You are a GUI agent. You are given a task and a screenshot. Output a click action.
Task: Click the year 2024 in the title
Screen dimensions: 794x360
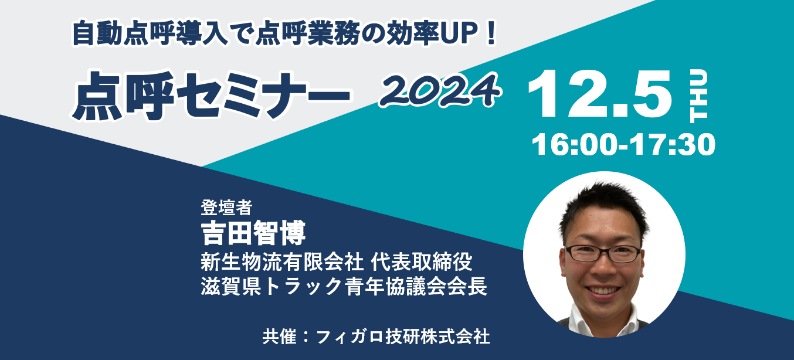pos(440,90)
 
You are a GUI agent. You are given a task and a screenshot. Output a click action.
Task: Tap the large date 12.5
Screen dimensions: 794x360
pos(599,94)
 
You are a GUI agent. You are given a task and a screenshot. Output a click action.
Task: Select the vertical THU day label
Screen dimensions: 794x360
pos(698,96)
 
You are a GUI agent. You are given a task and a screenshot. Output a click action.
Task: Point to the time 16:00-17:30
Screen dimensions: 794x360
pos(623,145)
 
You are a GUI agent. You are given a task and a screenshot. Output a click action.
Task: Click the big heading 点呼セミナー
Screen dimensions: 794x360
pos(211,96)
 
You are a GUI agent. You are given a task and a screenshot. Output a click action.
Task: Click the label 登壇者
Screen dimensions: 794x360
pos(226,208)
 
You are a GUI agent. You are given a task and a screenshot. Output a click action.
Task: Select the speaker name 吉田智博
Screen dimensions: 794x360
pos(253,233)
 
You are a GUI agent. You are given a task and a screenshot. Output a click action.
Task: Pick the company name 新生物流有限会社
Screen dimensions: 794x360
pos(282,262)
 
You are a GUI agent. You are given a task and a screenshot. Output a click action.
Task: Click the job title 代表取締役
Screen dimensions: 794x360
pos(422,262)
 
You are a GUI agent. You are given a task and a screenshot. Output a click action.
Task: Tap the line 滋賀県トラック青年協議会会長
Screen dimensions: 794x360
pos(344,286)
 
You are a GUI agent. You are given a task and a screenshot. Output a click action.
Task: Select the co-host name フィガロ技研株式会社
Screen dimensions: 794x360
pos(403,337)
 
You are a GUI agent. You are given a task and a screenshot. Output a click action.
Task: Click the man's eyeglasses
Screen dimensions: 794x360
pos(603,254)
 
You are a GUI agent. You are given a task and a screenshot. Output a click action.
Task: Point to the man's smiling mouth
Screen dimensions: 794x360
pos(603,291)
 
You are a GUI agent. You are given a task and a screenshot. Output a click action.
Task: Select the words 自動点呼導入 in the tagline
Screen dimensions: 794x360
pos(149,33)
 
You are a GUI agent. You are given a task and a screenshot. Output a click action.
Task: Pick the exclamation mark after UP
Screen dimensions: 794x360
pos(491,33)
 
